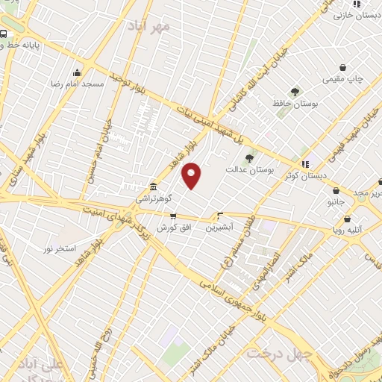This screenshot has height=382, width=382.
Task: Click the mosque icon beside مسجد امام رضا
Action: coord(77,72)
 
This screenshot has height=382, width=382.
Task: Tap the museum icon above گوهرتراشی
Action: coord(152,187)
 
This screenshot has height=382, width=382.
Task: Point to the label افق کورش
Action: coord(171,225)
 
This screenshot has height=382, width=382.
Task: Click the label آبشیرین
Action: coord(220,225)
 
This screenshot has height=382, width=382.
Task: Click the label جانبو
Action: coord(336,201)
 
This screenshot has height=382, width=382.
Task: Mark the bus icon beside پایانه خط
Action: coord(4,34)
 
